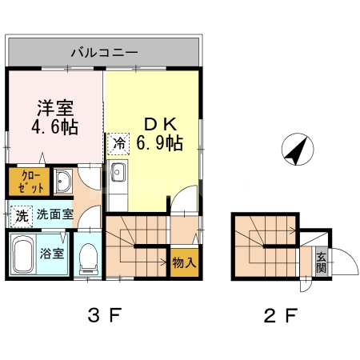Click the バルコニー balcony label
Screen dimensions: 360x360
[x=104, y=53]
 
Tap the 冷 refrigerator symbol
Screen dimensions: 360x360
[x=118, y=144]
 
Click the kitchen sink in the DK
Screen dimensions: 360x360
[x=118, y=173]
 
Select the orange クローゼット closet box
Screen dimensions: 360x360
[x=26, y=182]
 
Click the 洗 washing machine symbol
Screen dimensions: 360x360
[x=22, y=214]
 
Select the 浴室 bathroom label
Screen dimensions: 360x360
[x=54, y=255]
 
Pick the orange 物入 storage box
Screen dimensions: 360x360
[x=182, y=262]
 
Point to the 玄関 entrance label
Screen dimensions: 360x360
[x=320, y=262]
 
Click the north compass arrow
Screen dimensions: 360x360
[x=296, y=149]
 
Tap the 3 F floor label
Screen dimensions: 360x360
[x=104, y=314]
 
